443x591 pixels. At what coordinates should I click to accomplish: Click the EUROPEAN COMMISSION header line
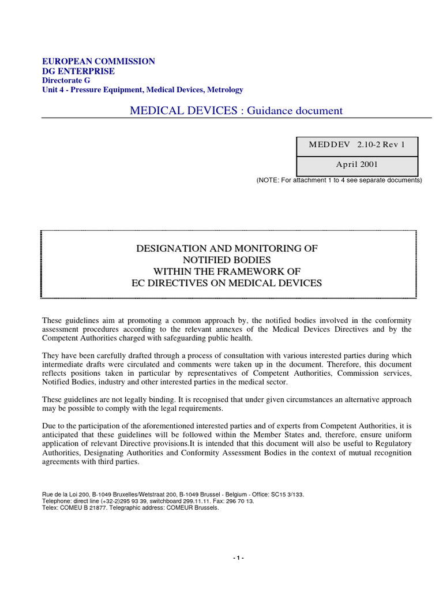click(99, 61)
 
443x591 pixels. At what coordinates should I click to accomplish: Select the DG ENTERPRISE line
click(79, 71)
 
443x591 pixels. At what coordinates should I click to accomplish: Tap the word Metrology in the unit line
click(225, 89)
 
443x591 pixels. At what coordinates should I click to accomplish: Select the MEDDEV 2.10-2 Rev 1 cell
click(356, 144)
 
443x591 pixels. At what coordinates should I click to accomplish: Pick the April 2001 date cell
click(356, 164)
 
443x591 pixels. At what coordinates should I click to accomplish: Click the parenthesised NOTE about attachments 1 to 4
click(339, 180)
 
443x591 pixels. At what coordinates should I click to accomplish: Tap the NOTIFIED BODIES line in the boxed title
click(227, 260)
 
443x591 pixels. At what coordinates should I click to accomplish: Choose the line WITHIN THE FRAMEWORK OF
click(227, 271)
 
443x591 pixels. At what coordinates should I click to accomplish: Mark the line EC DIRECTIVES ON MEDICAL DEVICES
click(227, 283)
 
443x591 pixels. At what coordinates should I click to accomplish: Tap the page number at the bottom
click(239, 558)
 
